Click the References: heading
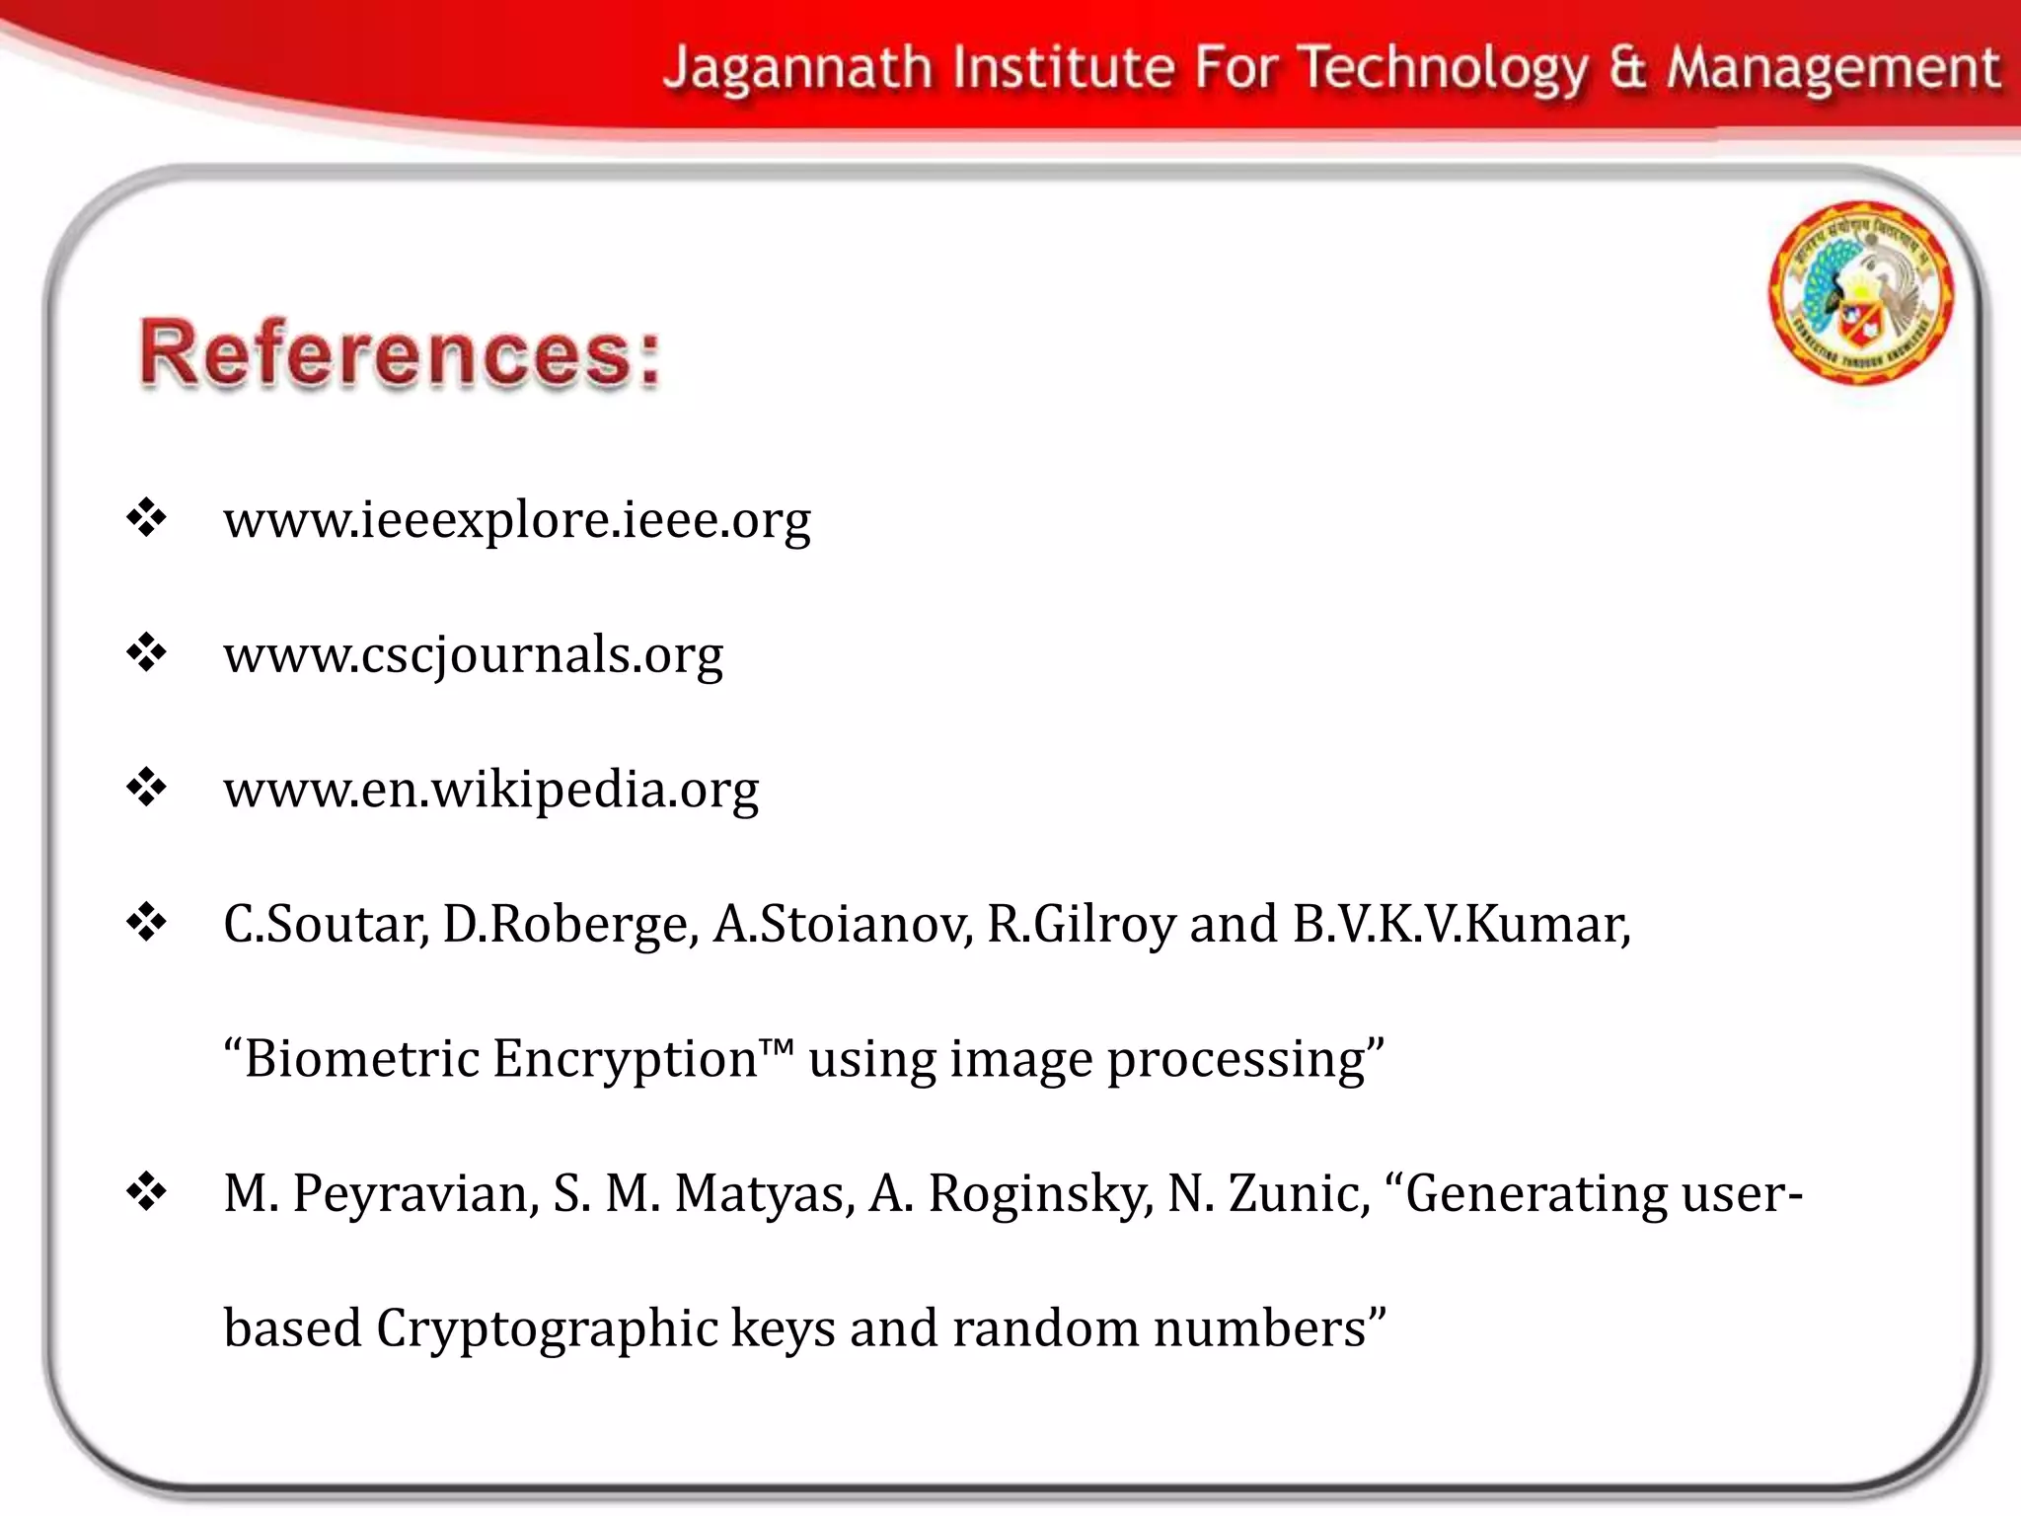400,353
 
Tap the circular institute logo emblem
1860,292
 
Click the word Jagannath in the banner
797,69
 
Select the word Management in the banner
1834,69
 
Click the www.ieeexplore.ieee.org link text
517,520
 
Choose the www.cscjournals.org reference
473,654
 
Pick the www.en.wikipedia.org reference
490,790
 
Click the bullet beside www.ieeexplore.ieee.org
146,518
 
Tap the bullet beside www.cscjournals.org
146,652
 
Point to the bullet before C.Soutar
146,923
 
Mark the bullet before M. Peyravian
146,1192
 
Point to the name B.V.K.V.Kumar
1461,925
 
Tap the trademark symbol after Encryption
778,1046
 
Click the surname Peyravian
415,1194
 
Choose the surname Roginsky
1041,1194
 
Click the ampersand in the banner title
1627,69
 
